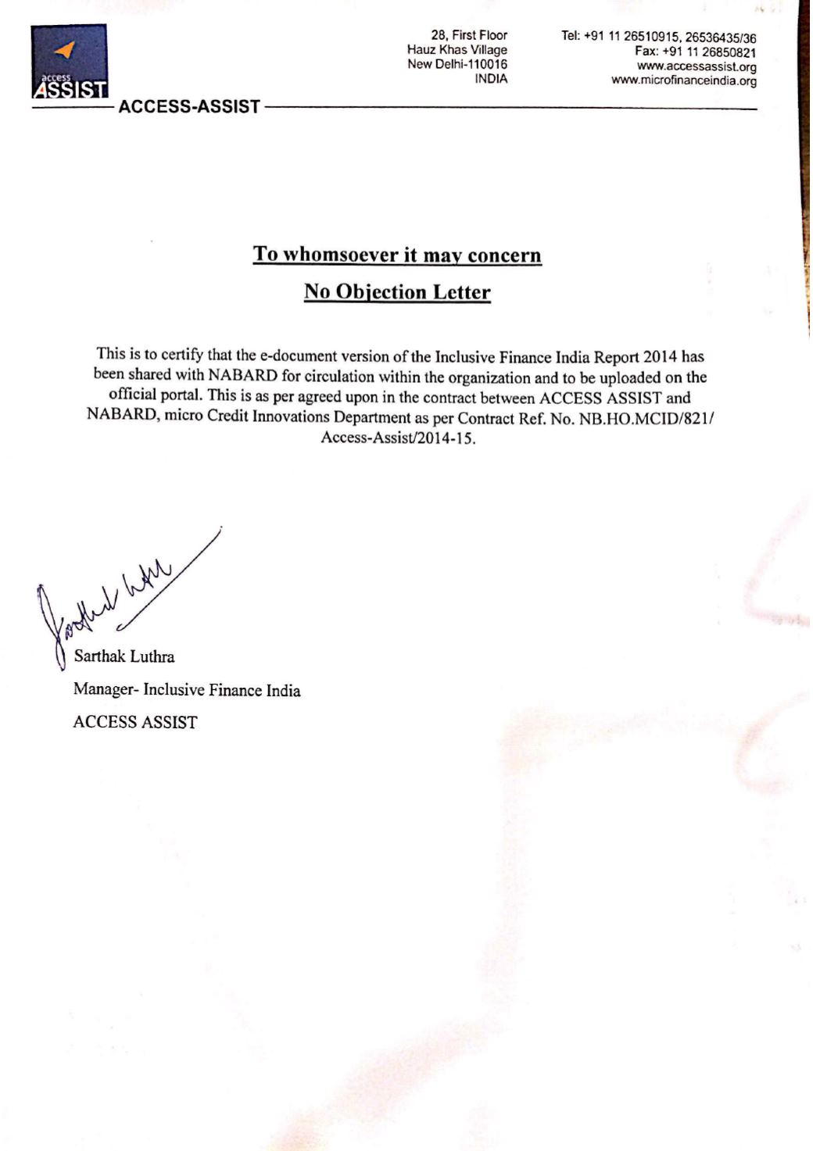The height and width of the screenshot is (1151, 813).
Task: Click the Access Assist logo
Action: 69,62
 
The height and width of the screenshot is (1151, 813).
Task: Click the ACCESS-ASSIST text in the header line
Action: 188,106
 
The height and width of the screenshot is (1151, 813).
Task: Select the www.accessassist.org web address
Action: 697,66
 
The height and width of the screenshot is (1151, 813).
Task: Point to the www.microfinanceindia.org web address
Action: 683,80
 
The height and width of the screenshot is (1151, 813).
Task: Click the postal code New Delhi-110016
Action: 457,64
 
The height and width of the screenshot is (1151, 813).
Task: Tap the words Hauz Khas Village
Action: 457,50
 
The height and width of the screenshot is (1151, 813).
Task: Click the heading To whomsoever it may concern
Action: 397,255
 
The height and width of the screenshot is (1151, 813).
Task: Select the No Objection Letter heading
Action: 397,292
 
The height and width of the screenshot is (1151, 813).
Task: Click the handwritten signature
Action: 117,602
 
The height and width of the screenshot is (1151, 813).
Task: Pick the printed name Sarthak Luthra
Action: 124,656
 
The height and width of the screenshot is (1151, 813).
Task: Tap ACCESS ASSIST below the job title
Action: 134,722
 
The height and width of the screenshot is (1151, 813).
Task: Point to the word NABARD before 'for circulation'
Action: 243,377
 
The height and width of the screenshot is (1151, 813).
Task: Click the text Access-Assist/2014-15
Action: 397,438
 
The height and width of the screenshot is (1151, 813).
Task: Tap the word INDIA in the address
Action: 491,79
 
